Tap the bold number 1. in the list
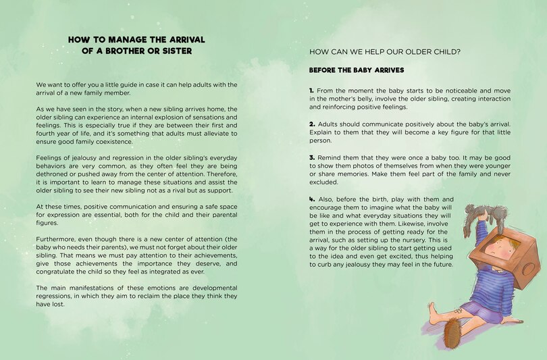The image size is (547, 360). pos(312,91)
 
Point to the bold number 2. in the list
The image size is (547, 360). pos(313,124)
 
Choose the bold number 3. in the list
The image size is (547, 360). pos(313,157)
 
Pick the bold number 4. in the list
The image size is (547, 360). pos(313,199)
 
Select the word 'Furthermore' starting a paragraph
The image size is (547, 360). pos(57,240)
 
